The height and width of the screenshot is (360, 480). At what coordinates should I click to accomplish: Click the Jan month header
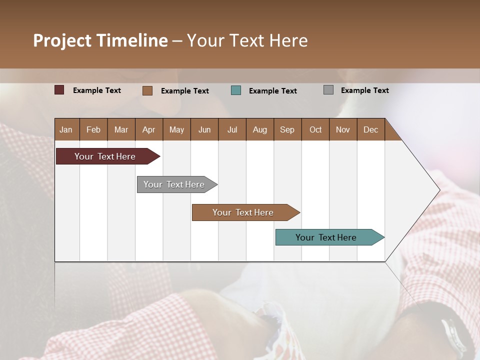(x=66, y=129)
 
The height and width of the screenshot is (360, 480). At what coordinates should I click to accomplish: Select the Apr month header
(x=148, y=129)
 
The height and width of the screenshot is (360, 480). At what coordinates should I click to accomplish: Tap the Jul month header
(x=232, y=129)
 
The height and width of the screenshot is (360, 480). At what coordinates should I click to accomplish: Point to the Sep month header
(x=287, y=129)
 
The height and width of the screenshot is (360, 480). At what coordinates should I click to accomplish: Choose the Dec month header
(x=370, y=129)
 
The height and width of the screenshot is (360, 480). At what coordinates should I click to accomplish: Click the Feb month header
(x=93, y=129)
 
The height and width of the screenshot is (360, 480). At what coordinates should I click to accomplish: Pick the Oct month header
(x=315, y=129)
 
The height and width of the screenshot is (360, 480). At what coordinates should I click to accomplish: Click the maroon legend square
(x=59, y=90)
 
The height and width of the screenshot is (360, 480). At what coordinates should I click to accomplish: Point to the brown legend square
(x=147, y=90)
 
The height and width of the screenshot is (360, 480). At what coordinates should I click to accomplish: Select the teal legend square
(x=236, y=90)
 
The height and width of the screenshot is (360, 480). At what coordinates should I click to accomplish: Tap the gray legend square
(x=328, y=90)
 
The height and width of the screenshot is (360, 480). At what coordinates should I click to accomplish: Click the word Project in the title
(x=62, y=40)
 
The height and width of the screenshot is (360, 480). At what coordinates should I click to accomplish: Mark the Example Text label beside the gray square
(x=364, y=90)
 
